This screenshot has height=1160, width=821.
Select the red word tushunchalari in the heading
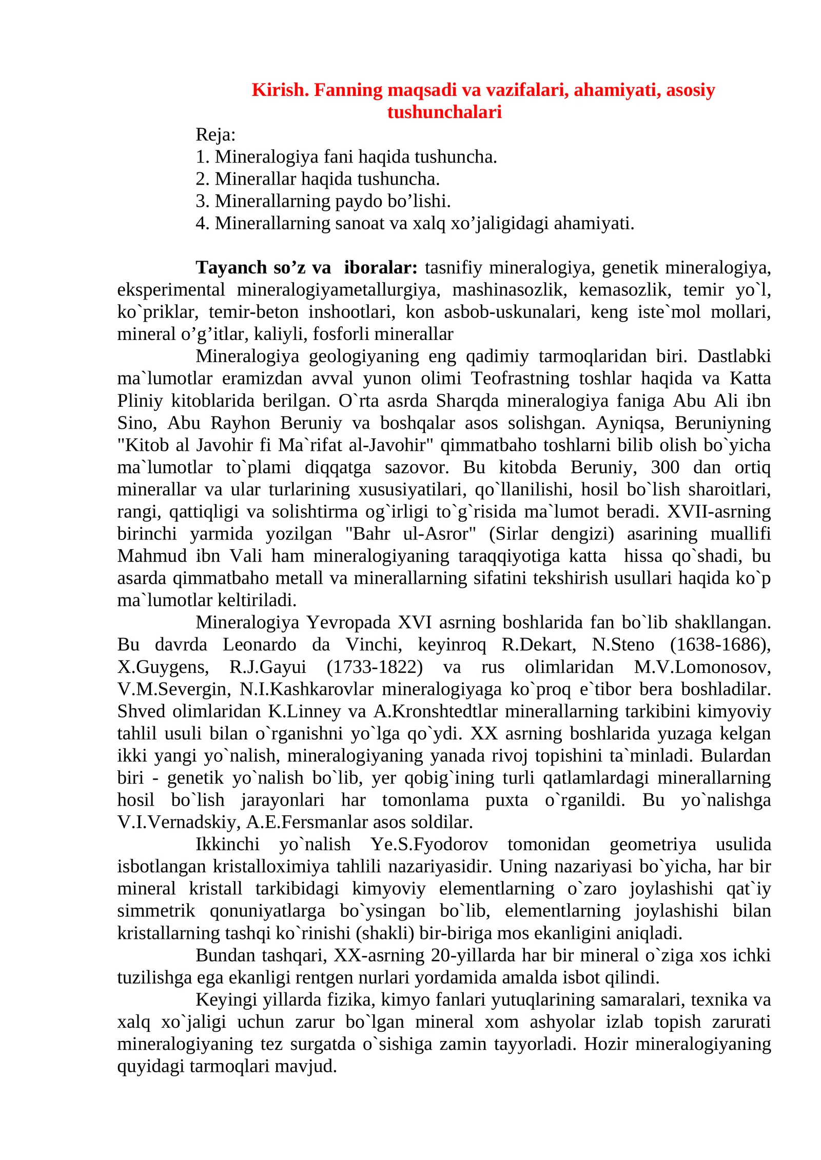444,112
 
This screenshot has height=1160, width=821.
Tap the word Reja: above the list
216,135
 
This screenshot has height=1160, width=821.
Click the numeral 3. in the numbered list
202,201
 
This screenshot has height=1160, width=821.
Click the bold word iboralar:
381,268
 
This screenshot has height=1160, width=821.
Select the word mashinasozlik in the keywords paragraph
509,290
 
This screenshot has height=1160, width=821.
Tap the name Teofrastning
520,378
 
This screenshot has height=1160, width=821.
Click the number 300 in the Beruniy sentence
665,467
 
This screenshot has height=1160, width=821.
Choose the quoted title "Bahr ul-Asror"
411,534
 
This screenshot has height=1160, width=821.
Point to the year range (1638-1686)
720,645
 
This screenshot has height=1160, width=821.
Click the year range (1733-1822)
375,667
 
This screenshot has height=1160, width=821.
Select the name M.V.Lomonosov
702,667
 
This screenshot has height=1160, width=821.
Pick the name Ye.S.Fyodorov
429,845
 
